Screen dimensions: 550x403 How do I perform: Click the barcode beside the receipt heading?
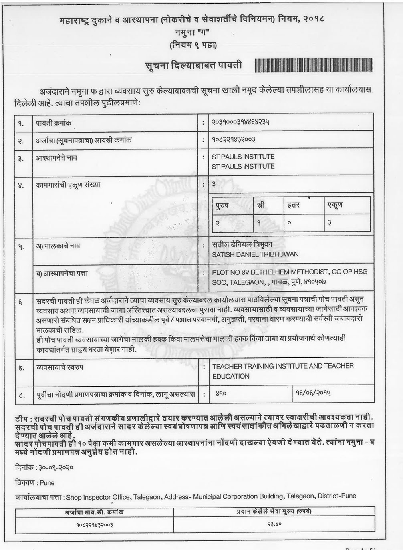(x=313, y=65)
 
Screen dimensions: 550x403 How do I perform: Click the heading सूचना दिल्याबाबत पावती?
(x=193, y=65)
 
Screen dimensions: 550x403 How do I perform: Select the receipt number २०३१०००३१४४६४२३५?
(x=240, y=122)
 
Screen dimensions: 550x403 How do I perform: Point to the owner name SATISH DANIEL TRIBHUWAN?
(x=255, y=254)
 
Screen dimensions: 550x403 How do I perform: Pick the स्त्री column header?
(x=261, y=205)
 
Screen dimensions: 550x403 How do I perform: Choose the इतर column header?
(x=294, y=205)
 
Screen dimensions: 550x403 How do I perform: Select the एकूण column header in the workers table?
(x=334, y=205)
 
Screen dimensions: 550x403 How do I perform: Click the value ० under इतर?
(x=289, y=223)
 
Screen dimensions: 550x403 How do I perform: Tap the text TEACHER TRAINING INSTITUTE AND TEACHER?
(x=283, y=366)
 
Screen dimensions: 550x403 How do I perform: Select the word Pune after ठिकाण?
(x=47, y=483)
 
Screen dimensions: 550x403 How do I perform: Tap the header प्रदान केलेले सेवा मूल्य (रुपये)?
(x=274, y=511)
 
